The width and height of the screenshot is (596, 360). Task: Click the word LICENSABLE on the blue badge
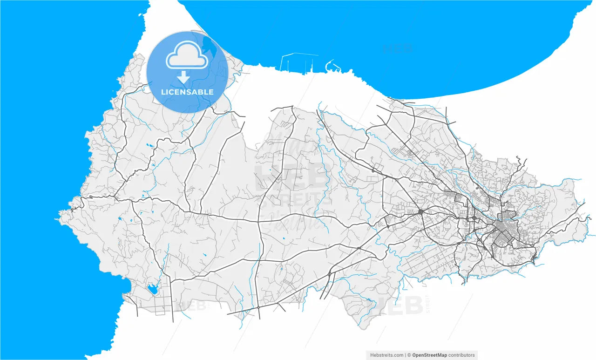[187, 92]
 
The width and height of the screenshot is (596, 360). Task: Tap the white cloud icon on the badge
[187, 56]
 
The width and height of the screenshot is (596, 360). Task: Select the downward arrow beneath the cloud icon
[185, 77]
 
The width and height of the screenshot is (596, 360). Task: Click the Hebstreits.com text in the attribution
[386, 355]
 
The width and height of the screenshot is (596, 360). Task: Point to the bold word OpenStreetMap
[429, 355]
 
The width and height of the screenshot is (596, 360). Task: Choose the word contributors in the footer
[461, 355]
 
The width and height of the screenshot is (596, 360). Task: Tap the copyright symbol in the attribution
[409, 355]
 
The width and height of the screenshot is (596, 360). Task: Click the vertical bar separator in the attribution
[406, 355]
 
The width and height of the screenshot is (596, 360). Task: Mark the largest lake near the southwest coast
[152, 290]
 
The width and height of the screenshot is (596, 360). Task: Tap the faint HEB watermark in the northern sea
[397, 48]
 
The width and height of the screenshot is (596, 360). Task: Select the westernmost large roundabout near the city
[420, 212]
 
